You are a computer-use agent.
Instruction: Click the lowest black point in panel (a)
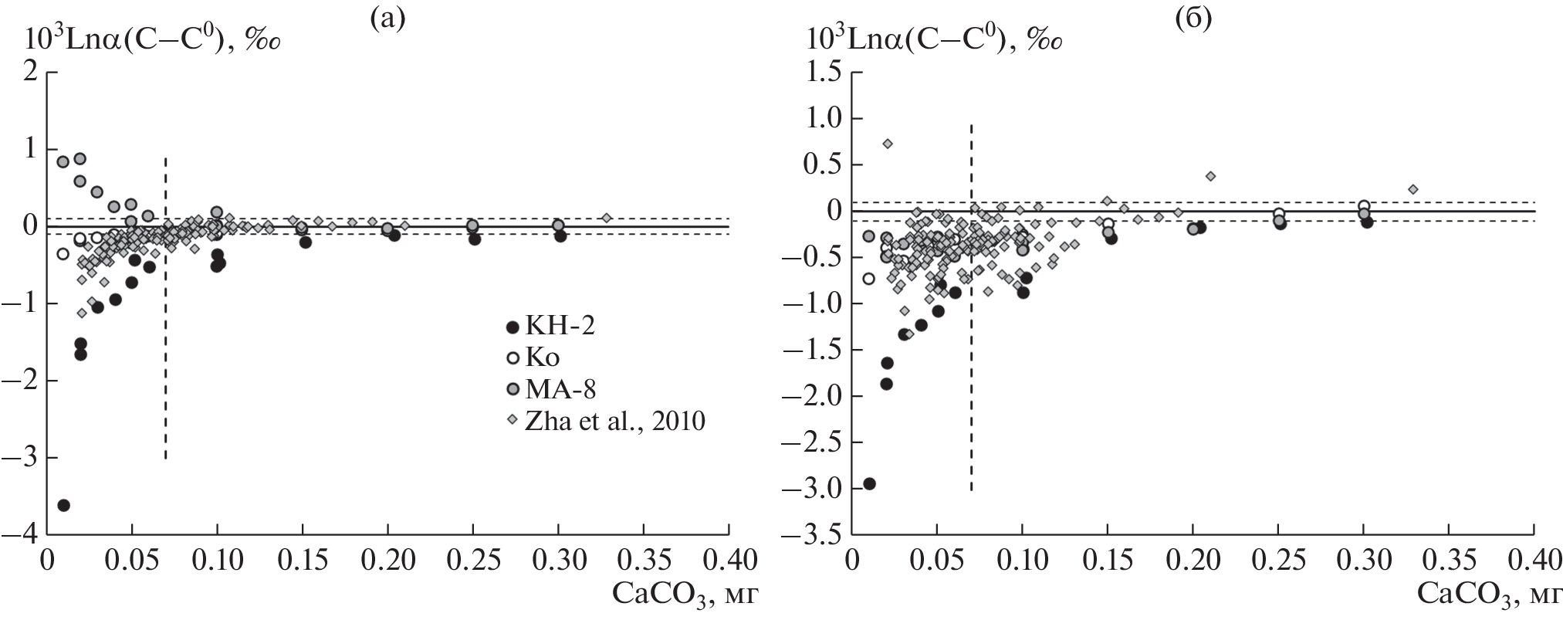point(64,505)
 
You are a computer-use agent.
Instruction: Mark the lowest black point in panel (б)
point(869,483)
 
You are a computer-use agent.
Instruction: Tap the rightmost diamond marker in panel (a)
point(607,218)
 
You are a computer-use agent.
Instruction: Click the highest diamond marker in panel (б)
point(888,144)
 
